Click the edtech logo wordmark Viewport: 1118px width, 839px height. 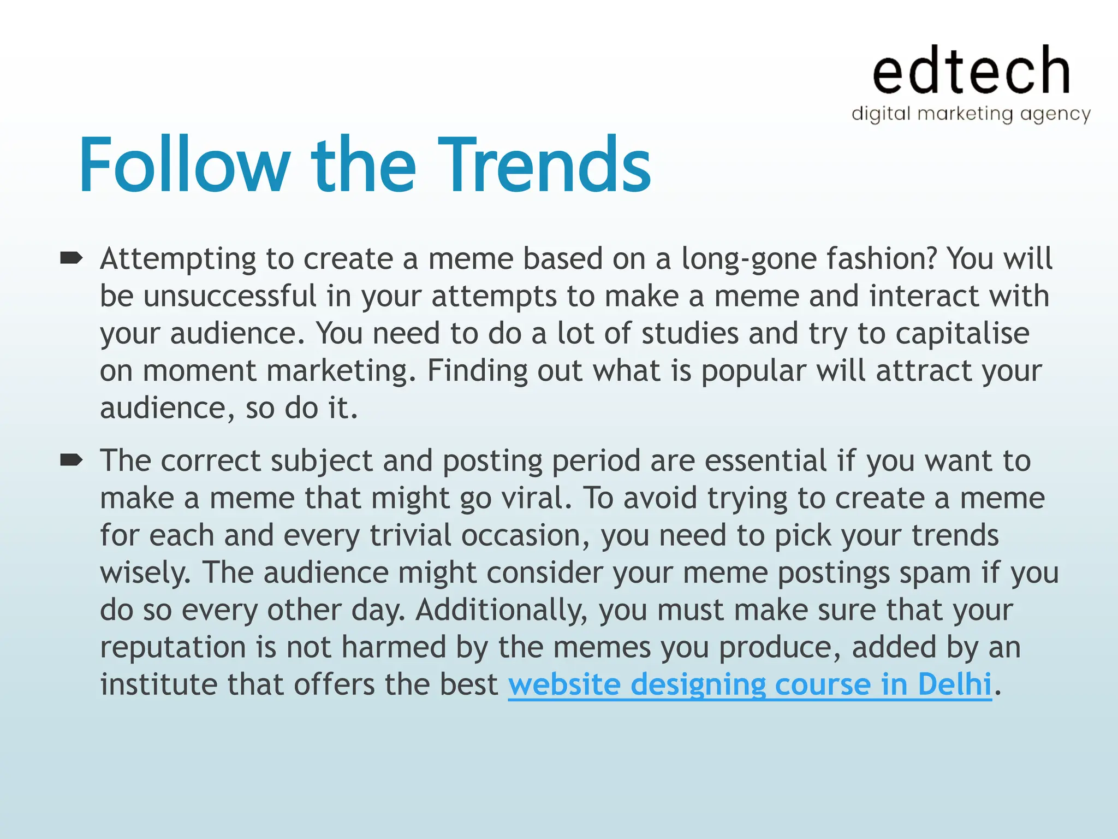[x=971, y=71]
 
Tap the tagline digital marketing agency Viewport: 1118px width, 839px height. [x=971, y=114]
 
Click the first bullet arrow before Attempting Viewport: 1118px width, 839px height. [x=71, y=257]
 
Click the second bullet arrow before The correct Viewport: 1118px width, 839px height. [x=71, y=460]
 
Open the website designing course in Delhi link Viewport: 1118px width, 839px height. [x=750, y=684]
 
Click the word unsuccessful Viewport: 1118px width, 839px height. [x=230, y=297]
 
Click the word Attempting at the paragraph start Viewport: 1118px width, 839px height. [x=178, y=259]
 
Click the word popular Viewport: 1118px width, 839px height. [x=753, y=372]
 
